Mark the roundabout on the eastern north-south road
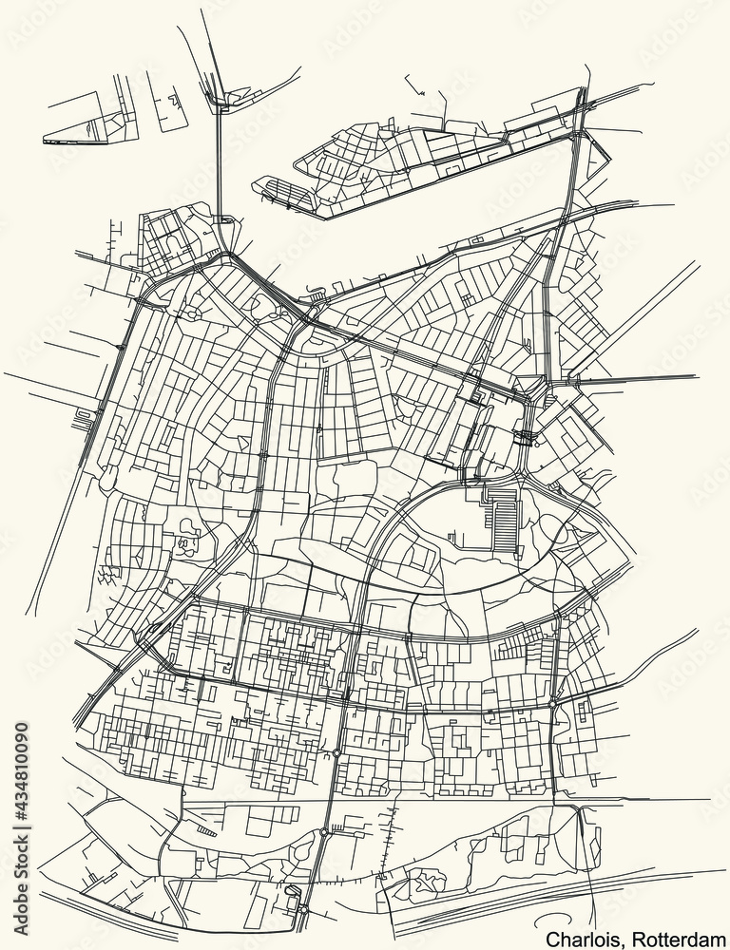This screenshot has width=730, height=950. [x=553, y=705]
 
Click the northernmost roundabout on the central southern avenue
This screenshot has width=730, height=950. [x=337, y=753]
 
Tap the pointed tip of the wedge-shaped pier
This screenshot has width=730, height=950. [x=46, y=141]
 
